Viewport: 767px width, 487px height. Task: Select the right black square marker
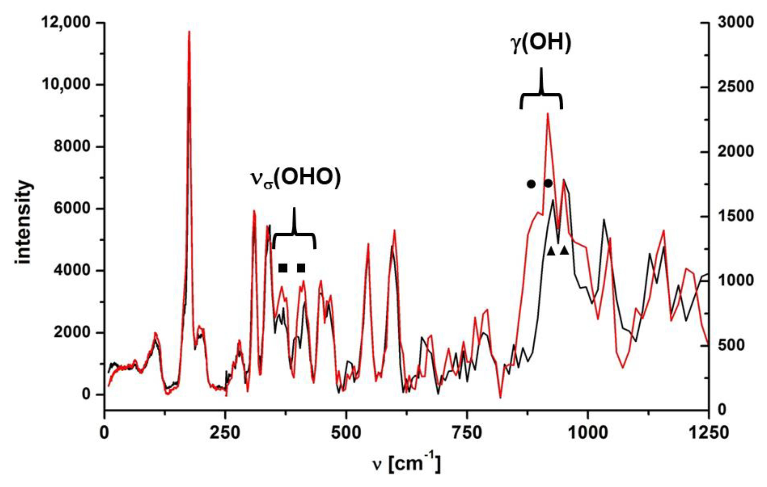coord(301,268)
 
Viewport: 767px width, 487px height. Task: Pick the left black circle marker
coord(531,184)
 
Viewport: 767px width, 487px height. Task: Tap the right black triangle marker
coord(564,251)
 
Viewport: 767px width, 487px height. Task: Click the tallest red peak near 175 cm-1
coord(189,32)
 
